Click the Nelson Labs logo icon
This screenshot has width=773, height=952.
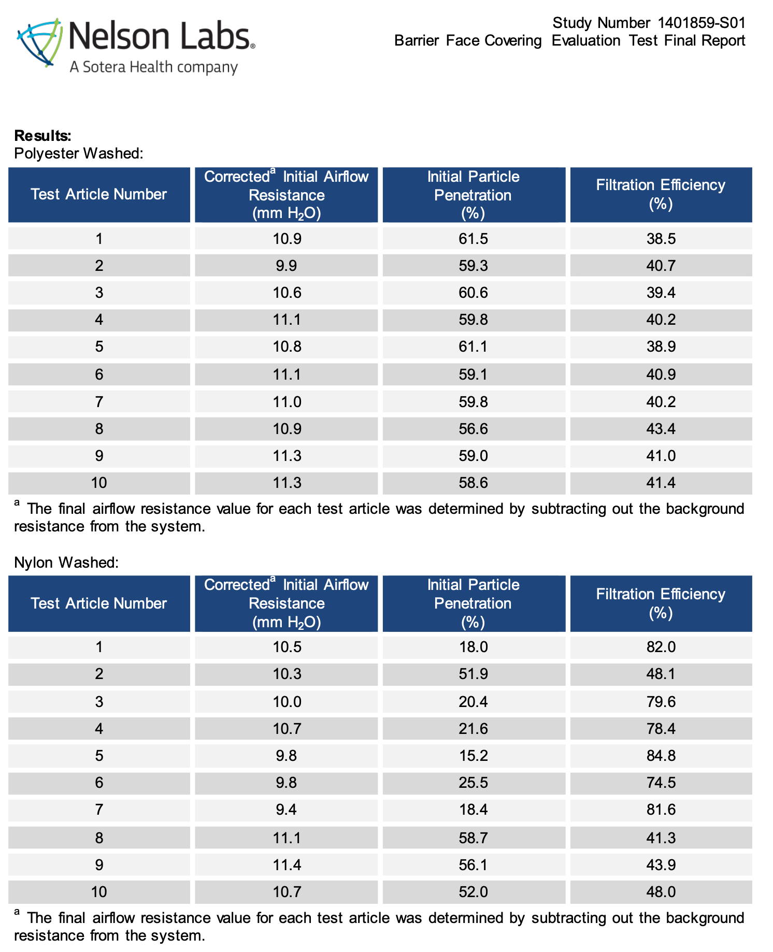coord(39,43)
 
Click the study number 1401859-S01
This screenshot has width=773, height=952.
coord(702,23)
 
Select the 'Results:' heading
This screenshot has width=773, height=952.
coord(42,136)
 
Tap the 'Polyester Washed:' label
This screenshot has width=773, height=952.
coord(79,153)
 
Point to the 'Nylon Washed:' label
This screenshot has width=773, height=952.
coord(66,562)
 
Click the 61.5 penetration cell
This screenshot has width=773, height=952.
coord(473,239)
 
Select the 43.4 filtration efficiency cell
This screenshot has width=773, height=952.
coord(661,429)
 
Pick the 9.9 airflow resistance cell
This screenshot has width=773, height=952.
coord(287,266)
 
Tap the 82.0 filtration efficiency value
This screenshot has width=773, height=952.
coord(661,647)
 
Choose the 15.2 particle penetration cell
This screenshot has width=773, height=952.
coord(473,756)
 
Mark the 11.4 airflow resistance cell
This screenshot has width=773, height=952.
coord(287,865)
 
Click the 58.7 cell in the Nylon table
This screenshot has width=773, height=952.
coord(473,838)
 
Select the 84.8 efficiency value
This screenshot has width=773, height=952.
coord(661,756)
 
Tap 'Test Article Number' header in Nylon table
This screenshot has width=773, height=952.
coord(99,603)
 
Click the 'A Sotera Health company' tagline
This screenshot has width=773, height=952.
coord(154,67)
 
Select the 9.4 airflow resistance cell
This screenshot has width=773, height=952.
coord(287,810)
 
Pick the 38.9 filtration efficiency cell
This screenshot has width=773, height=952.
coord(661,347)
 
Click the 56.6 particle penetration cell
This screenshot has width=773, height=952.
coord(473,429)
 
